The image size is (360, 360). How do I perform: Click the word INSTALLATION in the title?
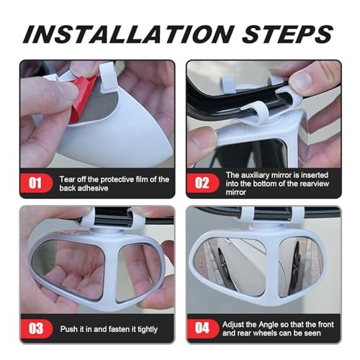point(127,32)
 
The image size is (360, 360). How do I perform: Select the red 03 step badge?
point(36,330)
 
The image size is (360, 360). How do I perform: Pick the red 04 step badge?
point(202,330)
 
